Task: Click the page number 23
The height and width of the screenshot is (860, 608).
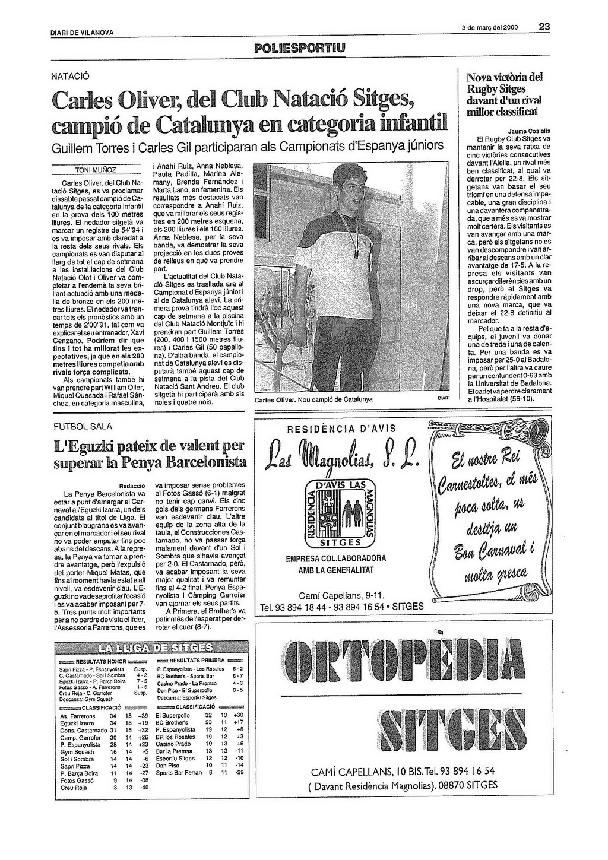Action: click(544, 26)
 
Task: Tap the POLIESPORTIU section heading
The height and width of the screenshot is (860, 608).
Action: click(299, 47)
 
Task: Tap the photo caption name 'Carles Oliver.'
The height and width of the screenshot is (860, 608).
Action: click(275, 399)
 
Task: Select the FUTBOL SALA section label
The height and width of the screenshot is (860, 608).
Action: click(83, 426)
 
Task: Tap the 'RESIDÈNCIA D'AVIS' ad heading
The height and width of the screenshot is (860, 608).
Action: click(341, 429)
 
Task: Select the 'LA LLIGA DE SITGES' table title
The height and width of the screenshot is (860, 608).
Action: click(150, 646)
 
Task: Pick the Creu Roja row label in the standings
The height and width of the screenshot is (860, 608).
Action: click(74, 788)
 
